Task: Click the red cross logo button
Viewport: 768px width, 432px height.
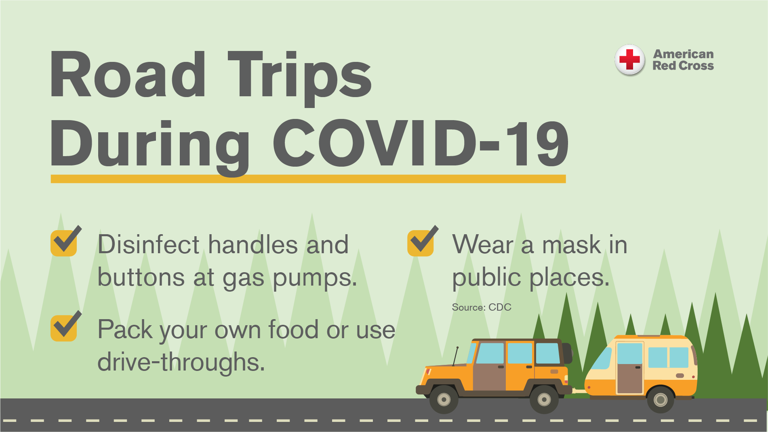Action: coord(629,60)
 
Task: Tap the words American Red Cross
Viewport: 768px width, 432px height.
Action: coord(683,60)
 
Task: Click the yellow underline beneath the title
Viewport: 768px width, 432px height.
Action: coord(308,179)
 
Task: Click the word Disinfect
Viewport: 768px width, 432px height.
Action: coord(149,244)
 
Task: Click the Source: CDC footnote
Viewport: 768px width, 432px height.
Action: coord(482,307)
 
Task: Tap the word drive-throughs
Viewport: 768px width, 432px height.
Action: coord(181,362)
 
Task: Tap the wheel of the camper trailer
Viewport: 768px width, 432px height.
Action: coord(661,400)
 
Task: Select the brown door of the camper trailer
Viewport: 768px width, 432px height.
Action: coord(629,378)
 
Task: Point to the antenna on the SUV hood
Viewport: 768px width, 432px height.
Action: coord(455,356)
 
